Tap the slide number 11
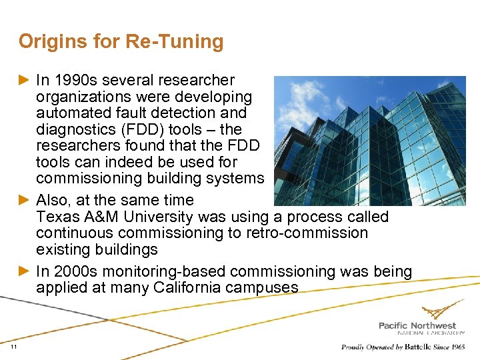(x=13, y=347)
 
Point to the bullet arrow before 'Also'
(x=25, y=200)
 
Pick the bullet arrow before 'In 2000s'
(x=25, y=271)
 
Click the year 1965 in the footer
(x=457, y=347)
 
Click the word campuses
(x=264, y=288)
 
